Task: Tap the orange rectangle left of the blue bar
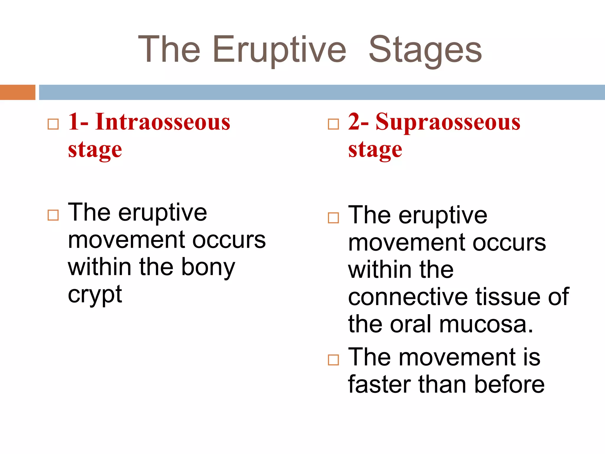[x=17, y=92]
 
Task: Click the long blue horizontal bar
[x=322, y=92]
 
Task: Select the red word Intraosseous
[x=162, y=122]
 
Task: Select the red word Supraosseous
[x=448, y=122]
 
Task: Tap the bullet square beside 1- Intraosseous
[x=53, y=124]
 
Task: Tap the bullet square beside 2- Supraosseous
[x=334, y=124]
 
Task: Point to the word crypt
[x=95, y=295]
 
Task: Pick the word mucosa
[x=486, y=325]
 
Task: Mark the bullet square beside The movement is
[x=334, y=360]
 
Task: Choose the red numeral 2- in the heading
[x=358, y=122]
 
